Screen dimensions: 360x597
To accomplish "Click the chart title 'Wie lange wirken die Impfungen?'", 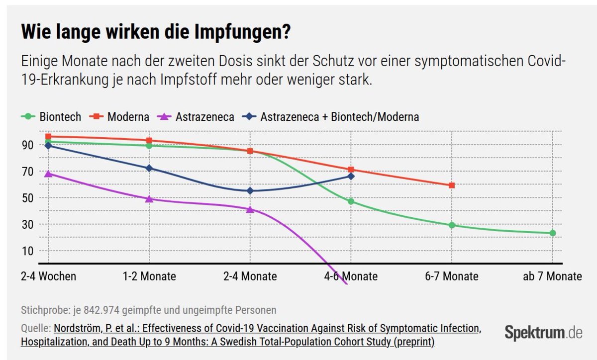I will (x=156, y=33).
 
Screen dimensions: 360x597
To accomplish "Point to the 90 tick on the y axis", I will (x=27, y=145).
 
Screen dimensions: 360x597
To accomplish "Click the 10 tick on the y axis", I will (x=27, y=251).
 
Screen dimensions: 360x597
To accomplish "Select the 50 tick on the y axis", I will (x=27, y=198).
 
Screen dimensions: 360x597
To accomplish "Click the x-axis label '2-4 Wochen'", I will (x=49, y=276).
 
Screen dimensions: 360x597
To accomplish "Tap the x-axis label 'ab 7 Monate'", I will (x=552, y=276).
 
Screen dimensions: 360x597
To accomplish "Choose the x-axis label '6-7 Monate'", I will (x=452, y=276).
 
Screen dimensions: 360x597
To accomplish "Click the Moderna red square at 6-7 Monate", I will (x=452, y=185).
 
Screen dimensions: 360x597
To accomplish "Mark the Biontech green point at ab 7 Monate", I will (x=553, y=233).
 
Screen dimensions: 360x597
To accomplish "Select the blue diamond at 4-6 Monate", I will (x=351, y=176).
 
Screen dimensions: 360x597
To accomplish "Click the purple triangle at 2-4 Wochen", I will (x=48, y=174).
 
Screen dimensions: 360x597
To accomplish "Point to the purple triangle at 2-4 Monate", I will (x=250, y=209).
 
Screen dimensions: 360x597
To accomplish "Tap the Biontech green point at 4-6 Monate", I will (x=351, y=201).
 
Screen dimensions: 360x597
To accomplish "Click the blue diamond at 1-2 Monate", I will (x=149, y=168).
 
